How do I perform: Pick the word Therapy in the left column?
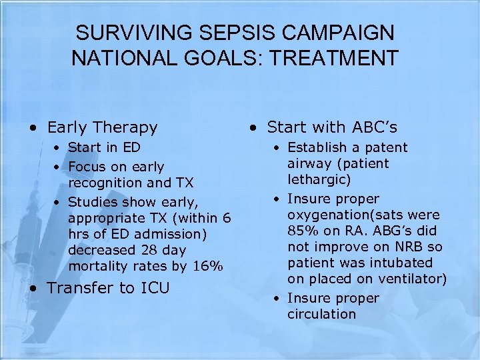pyautogui.click(x=125, y=127)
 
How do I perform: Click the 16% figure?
pyautogui.click(x=207, y=266)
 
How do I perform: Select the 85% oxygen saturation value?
pyautogui.click(x=301, y=231)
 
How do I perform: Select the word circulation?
pyautogui.click(x=321, y=314)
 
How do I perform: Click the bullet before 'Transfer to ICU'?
pyautogui.click(x=33, y=288)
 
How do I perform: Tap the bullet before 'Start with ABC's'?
pyautogui.click(x=253, y=127)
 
